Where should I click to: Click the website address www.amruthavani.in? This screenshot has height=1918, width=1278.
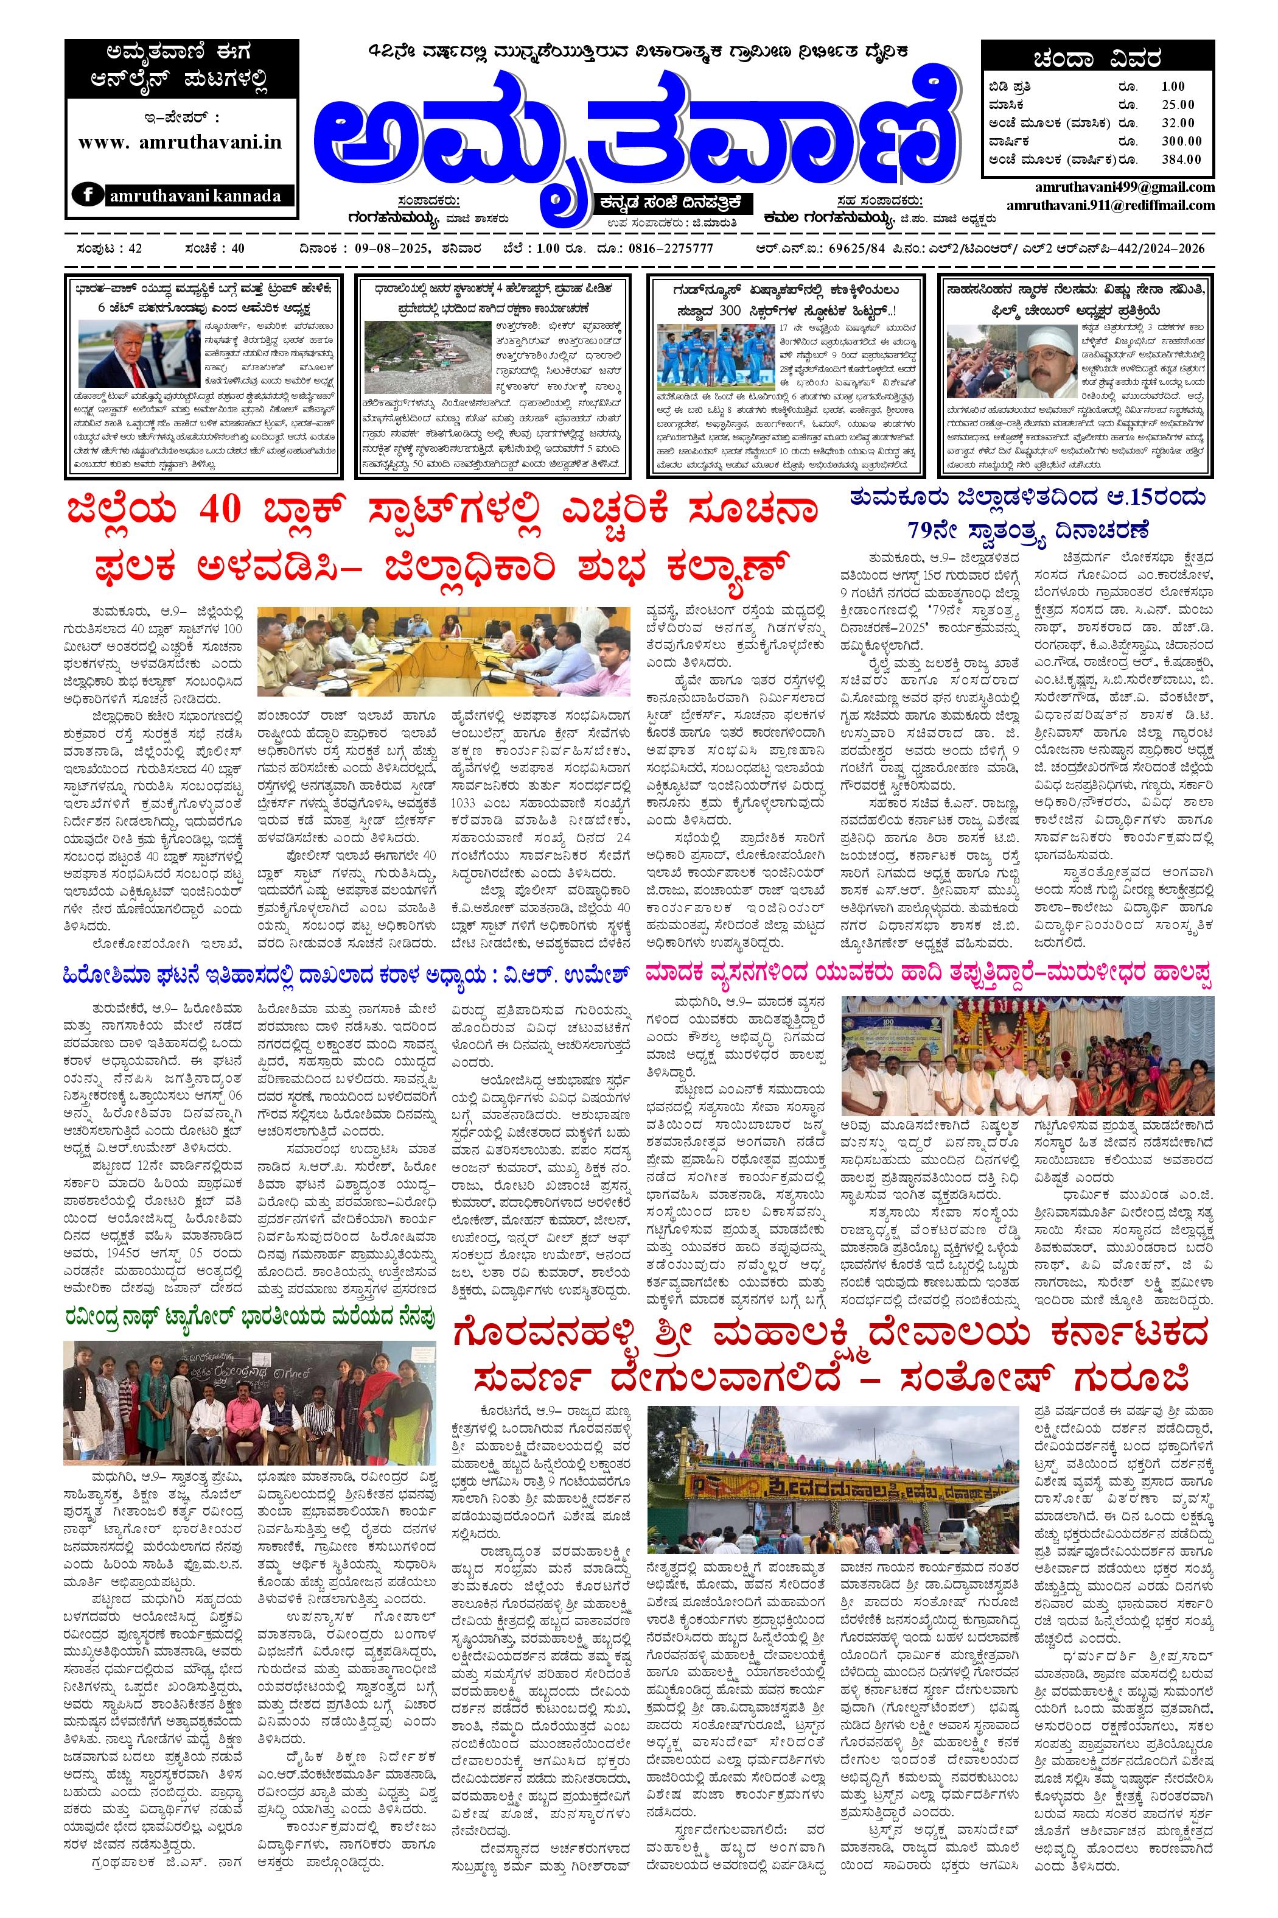tap(180, 141)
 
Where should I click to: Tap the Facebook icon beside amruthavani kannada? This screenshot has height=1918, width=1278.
tap(89, 195)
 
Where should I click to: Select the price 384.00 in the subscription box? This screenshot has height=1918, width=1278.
tap(1180, 159)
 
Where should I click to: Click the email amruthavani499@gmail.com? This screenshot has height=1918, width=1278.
tap(1126, 187)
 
